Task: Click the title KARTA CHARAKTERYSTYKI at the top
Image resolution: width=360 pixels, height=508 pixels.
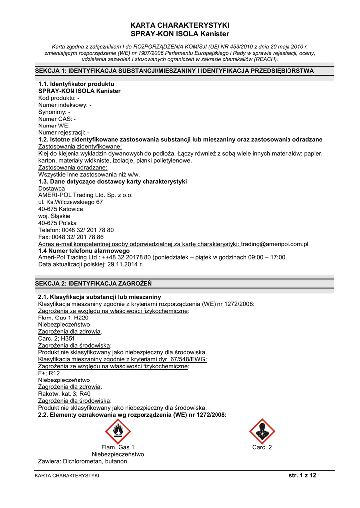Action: click(x=180, y=25)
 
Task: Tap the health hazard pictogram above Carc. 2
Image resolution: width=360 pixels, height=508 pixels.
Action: click(x=262, y=431)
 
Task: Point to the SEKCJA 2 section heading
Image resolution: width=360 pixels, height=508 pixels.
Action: click(x=93, y=283)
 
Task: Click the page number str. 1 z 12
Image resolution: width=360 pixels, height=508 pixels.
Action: click(x=302, y=475)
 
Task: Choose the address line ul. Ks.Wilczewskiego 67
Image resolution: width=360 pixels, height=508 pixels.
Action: click(x=71, y=202)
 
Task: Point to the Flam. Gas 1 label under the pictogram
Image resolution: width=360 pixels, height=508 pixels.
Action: click(x=118, y=447)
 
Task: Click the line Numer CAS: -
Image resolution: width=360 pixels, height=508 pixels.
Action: click(x=57, y=119)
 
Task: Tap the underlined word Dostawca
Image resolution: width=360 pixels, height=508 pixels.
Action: click(x=51, y=189)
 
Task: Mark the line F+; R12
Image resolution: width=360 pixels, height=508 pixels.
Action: click(x=49, y=373)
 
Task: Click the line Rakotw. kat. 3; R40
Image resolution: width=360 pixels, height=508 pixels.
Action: click(x=65, y=394)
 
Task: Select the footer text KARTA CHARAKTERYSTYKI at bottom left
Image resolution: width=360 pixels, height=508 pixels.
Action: click(x=67, y=476)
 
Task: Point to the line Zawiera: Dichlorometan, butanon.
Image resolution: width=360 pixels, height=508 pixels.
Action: click(x=83, y=461)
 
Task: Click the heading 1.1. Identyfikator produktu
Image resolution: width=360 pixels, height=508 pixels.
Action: click(x=76, y=84)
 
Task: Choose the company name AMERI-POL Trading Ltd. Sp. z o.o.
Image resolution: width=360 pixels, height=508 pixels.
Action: click(x=85, y=195)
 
